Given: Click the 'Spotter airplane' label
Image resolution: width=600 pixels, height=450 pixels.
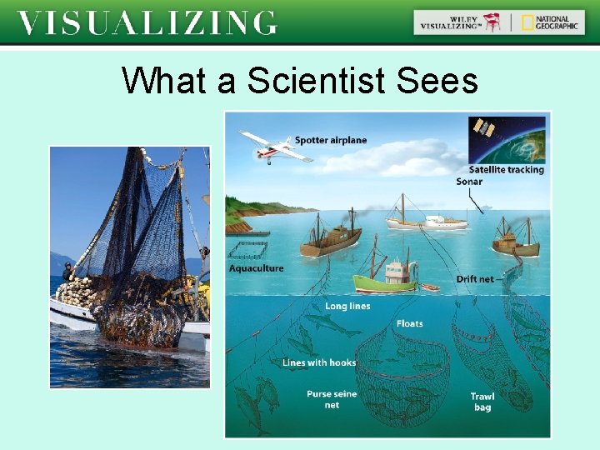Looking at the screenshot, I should pos(330,140).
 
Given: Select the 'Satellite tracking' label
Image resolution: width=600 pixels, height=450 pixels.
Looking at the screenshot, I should pos(506,169).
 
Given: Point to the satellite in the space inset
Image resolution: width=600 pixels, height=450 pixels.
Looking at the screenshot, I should pos(483,128).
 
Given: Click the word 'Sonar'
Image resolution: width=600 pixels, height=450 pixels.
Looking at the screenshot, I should pos(469,182).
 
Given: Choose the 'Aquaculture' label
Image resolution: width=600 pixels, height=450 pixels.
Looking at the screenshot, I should pos(256,268).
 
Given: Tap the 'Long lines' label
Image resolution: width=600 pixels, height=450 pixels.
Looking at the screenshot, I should pos(347,306).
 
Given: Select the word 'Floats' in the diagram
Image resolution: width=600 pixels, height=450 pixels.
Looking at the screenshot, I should pos(409,323).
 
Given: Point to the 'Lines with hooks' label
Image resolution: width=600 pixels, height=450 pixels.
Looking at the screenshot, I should pos(319,362).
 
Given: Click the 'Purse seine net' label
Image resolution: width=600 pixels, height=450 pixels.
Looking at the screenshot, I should pos(331,399).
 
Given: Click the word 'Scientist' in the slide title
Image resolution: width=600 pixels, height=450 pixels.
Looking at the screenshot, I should pos(307,81).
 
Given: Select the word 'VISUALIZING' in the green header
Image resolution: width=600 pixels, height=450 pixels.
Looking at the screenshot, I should pos(147,22).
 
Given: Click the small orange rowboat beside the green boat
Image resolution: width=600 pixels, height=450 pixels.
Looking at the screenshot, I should pos(429,287).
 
